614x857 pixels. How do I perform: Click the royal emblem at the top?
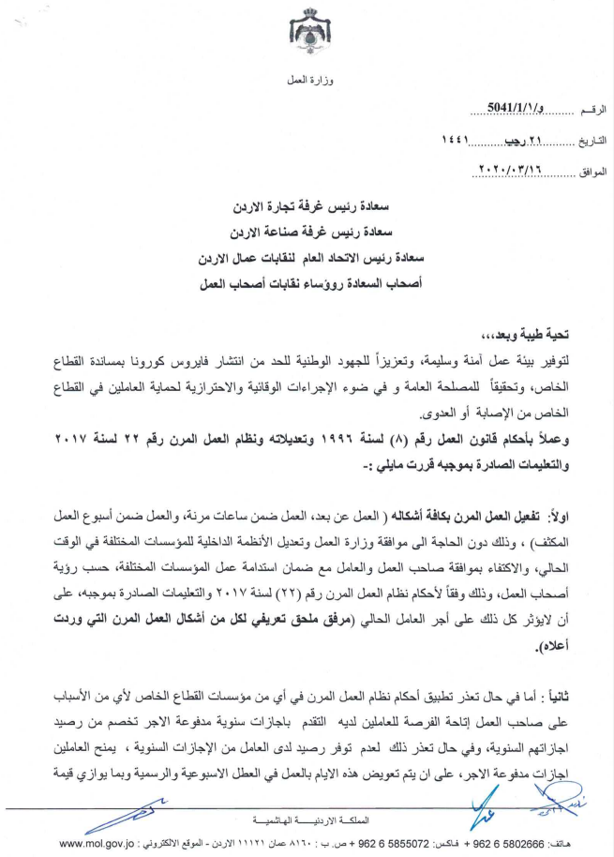coord(309,32)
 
